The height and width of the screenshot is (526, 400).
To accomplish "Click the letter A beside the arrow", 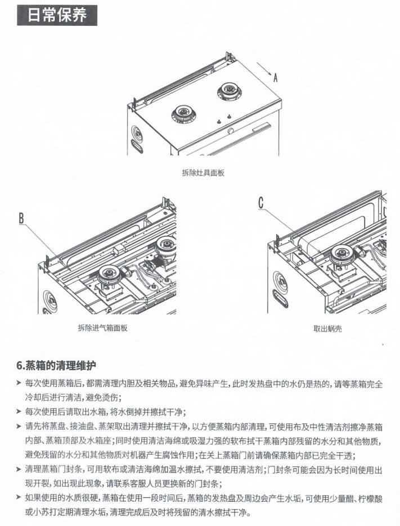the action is coord(275,78).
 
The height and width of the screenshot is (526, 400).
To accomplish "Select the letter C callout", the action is coord(261,203).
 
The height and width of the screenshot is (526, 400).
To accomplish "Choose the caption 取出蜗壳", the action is coord(327,329).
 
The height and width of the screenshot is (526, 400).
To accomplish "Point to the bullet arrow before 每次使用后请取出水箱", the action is coord(20,411).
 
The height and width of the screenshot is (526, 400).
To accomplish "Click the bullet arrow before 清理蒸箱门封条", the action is coord(20,469).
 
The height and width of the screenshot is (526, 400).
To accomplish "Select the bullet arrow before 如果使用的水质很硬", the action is coord(20,498).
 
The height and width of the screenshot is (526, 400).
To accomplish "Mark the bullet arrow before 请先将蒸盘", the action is coord(20,426).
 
